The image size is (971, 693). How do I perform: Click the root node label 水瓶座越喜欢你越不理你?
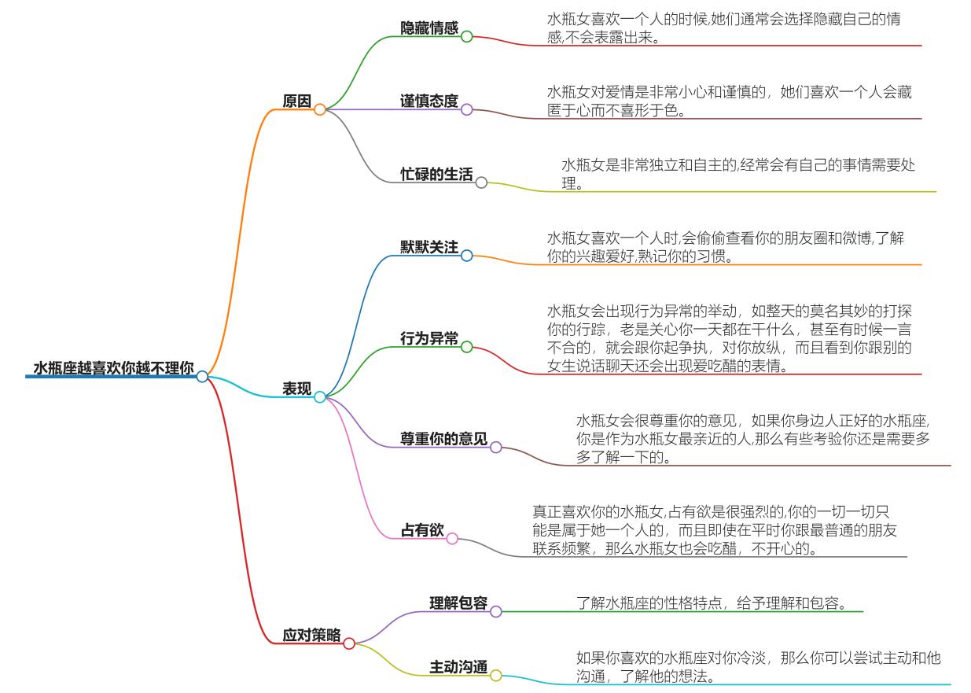[x=113, y=367]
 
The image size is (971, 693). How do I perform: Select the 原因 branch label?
[x=297, y=101]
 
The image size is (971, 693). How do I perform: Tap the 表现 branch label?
[x=297, y=389]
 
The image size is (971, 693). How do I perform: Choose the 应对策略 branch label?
[x=311, y=635]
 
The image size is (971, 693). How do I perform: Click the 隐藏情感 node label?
[x=429, y=28]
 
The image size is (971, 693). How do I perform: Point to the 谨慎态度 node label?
[x=429, y=101]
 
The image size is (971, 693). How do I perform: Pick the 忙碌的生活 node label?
[x=436, y=175]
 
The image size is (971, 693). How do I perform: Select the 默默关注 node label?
[x=429, y=247]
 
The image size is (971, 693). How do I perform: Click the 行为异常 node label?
[x=429, y=339]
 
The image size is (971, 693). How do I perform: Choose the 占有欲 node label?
[x=422, y=531]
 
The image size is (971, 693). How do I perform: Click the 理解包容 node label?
[x=458, y=603]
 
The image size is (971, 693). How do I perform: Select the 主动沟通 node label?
[x=458, y=667]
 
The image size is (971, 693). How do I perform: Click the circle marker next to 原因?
[x=320, y=110]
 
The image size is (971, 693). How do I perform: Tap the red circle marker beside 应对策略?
[x=349, y=643]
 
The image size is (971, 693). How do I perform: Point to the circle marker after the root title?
[x=202, y=377]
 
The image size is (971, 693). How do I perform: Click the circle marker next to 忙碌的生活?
[x=481, y=182]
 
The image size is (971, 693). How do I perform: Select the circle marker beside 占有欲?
[x=452, y=539]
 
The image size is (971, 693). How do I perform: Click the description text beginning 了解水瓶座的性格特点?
[x=711, y=603]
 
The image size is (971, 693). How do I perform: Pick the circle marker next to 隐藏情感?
[x=466, y=36]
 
